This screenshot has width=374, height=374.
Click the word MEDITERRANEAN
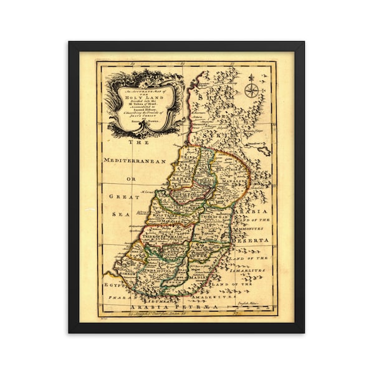(138, 161)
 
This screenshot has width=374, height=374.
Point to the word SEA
(120, 214)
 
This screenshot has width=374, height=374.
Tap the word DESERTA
(254, 239)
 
